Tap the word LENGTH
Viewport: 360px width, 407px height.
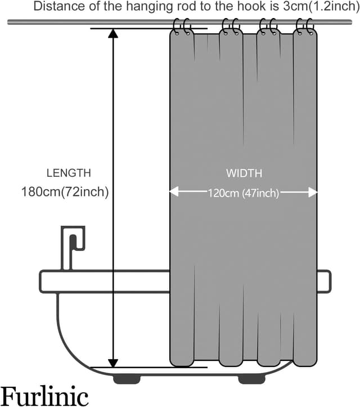pyautogui.click(x=68, y=173)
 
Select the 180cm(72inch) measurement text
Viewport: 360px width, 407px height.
pyautogui.click(x=65, y=192)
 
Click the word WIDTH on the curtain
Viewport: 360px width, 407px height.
pyautogui.click(x=244, y=173)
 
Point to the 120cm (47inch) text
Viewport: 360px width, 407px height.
pyautogui.click(x=244, y=193)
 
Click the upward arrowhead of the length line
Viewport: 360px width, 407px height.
pyautogui.click(x=113, y=33)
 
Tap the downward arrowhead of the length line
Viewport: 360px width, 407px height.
pyautogui.click(x=113, y=363)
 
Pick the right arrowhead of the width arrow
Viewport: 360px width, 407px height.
pyautogui.click(x=313, y=192)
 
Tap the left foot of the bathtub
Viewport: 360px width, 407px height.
pyautogui.click(x=127, y=379)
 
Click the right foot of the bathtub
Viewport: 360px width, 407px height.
pyautogui.click(x=251, y=379)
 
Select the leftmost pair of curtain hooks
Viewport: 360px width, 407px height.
pyautogui.click(x=182, y=26)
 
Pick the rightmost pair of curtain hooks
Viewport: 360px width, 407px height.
pyautogui.click(x=304, y=26)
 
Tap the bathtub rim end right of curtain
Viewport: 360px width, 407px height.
pyautogui.click(x=324, y=281)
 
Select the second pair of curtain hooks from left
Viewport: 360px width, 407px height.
pyautogui.click(x=230, y=26)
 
